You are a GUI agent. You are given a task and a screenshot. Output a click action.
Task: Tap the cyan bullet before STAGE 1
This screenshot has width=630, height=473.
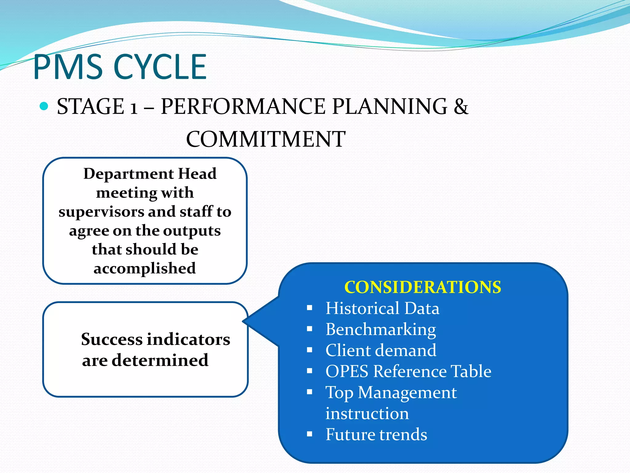[x=44, y=106]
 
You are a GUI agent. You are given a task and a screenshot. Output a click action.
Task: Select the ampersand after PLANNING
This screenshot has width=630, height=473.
[x=461, y=107]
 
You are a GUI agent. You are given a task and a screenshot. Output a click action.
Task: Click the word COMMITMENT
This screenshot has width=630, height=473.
[x=266, y=139]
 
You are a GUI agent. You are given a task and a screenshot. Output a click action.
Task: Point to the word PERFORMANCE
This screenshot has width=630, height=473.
[x=243, y=107]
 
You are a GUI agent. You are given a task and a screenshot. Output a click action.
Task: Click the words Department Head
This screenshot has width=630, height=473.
[x=150, y=174]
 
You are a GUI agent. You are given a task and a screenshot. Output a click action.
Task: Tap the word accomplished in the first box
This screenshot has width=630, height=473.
[x=145, y=268]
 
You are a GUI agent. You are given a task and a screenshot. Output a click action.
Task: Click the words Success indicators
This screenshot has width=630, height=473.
[x=155, y=339]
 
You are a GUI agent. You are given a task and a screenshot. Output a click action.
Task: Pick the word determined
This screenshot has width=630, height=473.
[x=160, y=360]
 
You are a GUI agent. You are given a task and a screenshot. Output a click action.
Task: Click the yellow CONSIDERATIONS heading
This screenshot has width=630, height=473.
[x=423, y=287]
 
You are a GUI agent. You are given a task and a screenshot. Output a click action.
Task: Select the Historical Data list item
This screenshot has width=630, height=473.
[x=382, y=308]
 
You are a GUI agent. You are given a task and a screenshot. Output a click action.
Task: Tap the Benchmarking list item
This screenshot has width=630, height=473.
[x=381, y=329]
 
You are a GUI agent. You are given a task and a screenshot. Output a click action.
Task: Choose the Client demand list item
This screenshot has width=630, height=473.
[x=381, y=350]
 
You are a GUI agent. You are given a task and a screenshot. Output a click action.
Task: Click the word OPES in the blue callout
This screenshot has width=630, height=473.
[x=347, y=371]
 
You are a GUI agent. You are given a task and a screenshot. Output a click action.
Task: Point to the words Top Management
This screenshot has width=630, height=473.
[x=391, y=393]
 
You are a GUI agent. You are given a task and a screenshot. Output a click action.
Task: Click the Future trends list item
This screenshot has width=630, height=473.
[x=376, y=435]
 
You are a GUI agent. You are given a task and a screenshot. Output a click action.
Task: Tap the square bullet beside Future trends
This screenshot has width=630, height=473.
[x=309, y=435]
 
